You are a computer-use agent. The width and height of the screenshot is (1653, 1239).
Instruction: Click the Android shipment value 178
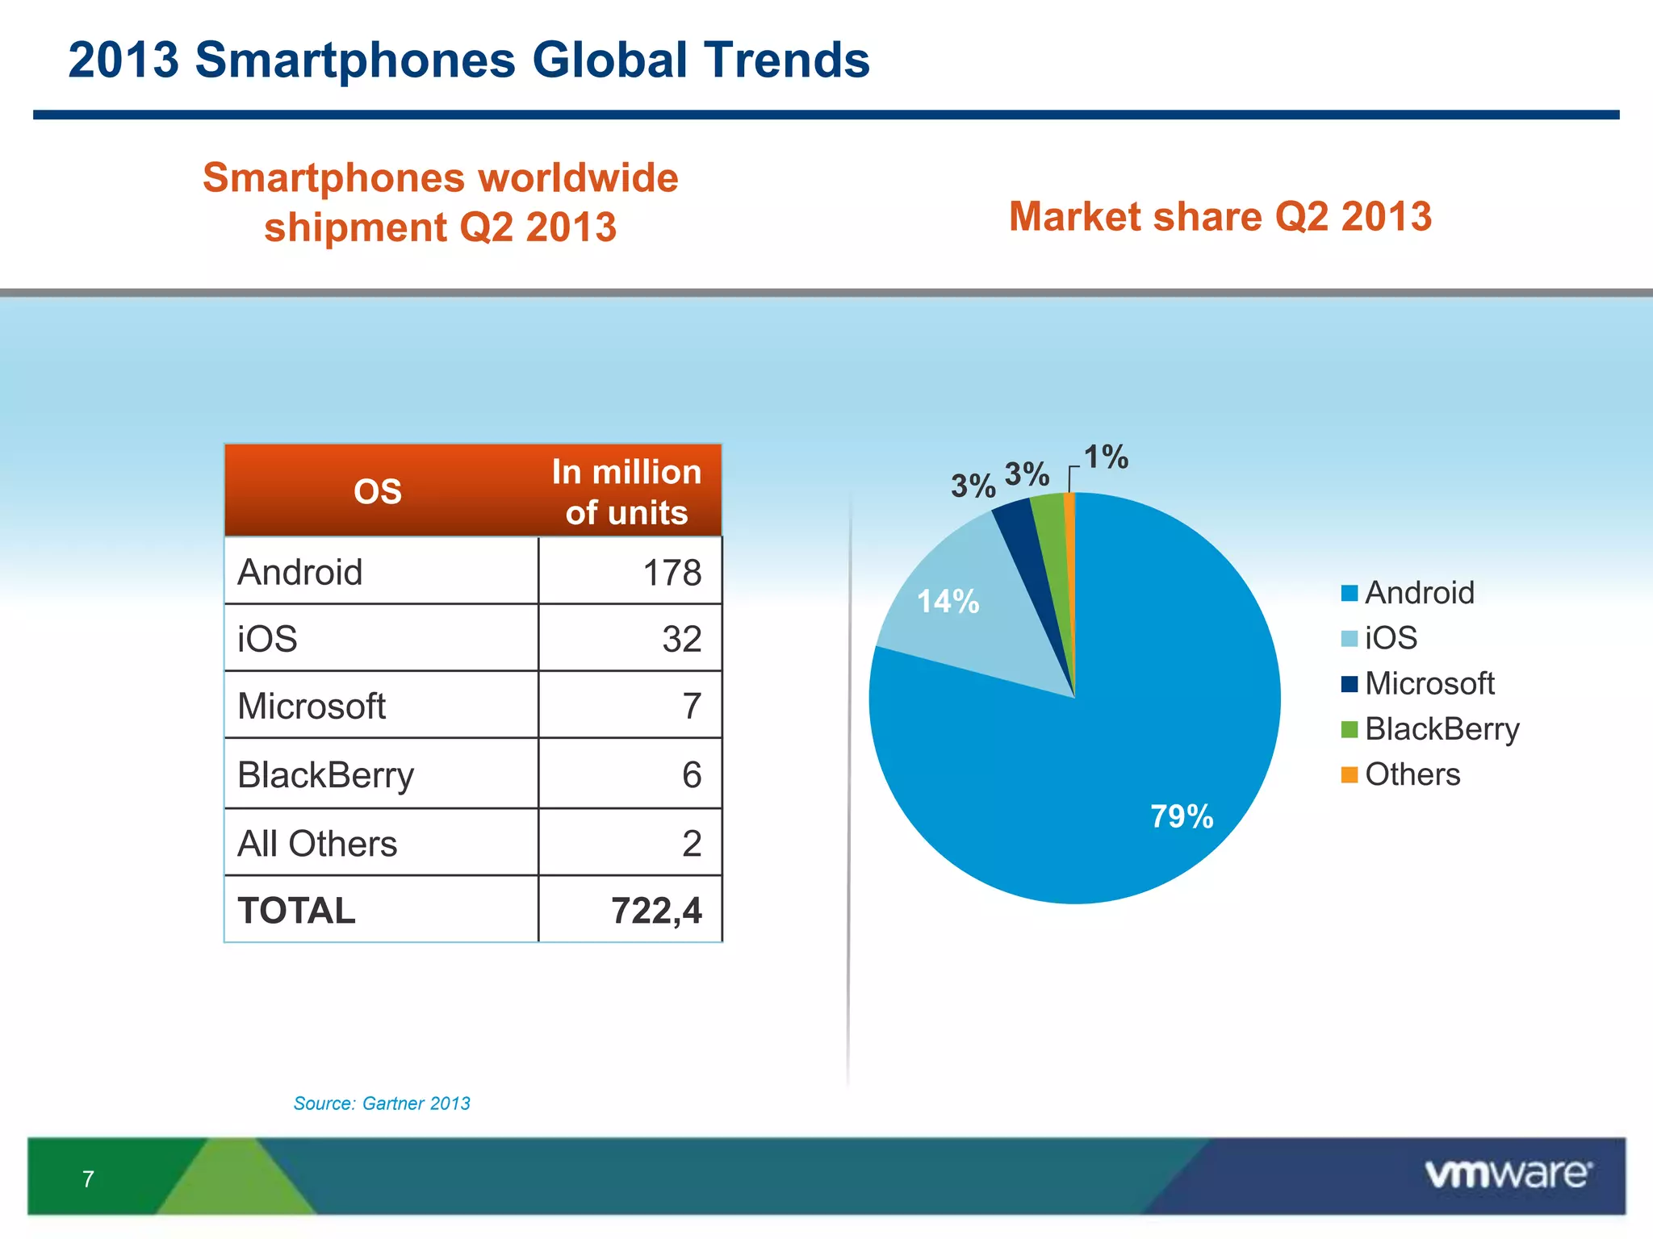tap(672, 573)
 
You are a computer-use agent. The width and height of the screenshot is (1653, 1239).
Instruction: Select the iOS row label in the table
tap(267, 639)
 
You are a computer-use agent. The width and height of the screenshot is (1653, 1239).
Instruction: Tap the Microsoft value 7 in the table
tap(691, 706)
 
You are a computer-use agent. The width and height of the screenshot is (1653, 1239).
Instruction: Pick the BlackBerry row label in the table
tap(325, 774)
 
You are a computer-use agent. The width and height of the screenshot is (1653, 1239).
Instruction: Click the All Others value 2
tap(691, 844)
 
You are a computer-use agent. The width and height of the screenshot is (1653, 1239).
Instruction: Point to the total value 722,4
tap(656, 911)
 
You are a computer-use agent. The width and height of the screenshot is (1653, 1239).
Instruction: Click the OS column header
tap(377, 491)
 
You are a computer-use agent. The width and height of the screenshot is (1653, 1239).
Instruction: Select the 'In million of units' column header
tap(626, 491)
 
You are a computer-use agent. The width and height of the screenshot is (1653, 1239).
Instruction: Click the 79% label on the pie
tap(1181, 816)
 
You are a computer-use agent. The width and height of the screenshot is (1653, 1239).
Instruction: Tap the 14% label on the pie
tap(948, 602)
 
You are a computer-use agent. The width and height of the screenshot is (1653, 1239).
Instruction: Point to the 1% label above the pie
tap(1105, 457)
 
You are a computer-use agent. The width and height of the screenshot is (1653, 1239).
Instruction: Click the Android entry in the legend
tap(1418, 593)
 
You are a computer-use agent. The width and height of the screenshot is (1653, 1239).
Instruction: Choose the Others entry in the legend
tap(1412, 774)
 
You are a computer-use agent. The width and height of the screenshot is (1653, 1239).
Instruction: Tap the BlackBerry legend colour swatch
tap(1349, 729)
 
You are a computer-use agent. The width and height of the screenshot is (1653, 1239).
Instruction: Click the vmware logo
tap(1508, 1174)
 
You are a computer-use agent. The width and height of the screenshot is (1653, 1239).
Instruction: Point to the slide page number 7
tap(88, 1179)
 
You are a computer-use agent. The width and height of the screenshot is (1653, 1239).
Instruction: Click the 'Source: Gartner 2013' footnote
tap(381, 1103)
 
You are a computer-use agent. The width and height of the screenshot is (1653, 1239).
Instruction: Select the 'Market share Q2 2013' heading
tap(1220, 216)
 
